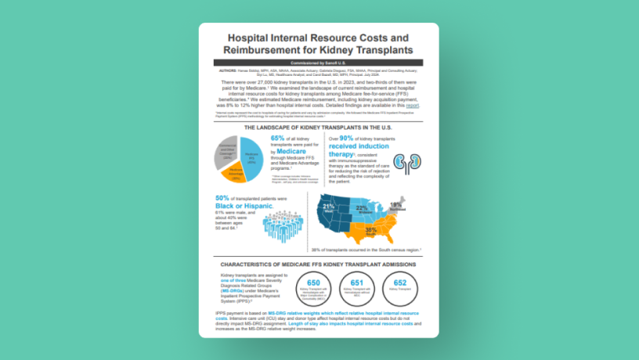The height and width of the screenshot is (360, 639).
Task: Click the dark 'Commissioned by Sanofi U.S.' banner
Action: [318, 62]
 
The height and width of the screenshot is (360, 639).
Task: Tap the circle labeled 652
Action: [399, 287]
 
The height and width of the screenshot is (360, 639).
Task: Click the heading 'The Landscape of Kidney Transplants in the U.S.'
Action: [318, 127]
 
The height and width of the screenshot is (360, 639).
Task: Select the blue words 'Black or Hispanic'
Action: [242, 206]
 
